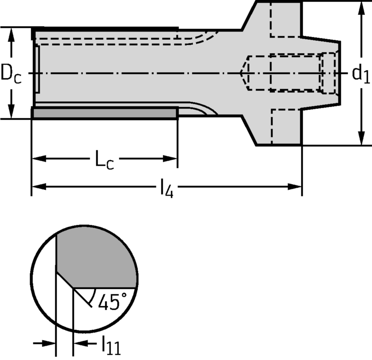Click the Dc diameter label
click(x=11, y=73)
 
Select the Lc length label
click(x=104, y=160)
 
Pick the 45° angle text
click(x=108, y=302)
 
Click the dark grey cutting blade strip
click(x=105, y=113)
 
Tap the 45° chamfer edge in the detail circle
click(x=65, y=280)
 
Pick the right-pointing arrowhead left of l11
click(x=49, y=343)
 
